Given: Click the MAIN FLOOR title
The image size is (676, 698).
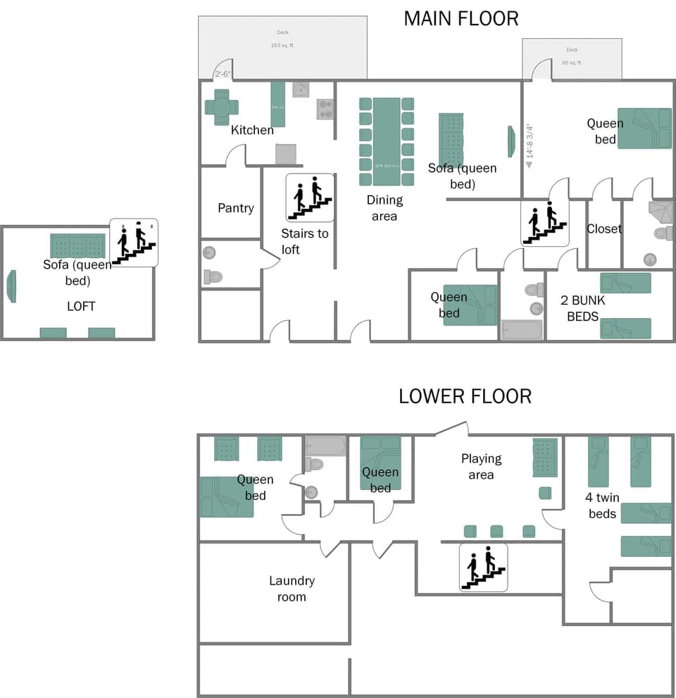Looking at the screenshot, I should pos(461,18).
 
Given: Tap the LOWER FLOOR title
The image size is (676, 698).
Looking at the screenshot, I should pos(465,396).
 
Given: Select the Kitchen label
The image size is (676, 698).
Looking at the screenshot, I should pos(252,130).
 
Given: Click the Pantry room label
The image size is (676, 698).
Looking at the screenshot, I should pos(235,208).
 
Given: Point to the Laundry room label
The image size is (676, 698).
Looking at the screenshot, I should pos(292,589).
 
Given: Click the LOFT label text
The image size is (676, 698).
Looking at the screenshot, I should pos(81,306).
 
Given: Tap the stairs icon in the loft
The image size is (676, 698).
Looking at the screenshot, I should pos(134,243).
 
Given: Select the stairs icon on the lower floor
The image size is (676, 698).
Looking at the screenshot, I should pos(484,567).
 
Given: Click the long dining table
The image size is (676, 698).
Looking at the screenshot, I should pos(386,142).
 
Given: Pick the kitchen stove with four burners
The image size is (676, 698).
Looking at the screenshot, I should pos(325,109).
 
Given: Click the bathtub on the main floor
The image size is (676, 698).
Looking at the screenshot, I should pos(522,330).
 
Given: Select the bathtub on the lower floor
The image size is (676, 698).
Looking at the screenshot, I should pos(325,446).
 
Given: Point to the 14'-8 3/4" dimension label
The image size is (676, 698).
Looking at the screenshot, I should pos(530,141).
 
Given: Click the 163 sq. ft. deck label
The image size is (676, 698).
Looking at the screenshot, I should pos(282,45).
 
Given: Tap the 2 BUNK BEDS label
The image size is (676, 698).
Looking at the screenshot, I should pos(583,308).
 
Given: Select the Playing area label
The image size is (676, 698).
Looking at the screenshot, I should pos(482,466).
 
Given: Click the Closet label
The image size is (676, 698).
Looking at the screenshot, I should pos(604,228).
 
